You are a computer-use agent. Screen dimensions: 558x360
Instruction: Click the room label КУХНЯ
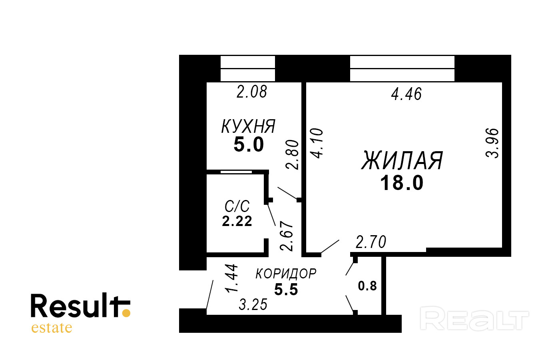pyautogui.click(x=248, y=127)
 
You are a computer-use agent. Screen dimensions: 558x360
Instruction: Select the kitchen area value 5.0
pyautogui.click(x=249, y=144)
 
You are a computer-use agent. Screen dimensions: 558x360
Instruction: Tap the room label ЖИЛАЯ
pyautogui.click(x=402, y=161)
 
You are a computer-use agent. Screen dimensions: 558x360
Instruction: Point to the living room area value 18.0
pyautogui.click(x=402, y=183)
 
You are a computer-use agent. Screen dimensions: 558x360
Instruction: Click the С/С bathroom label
pyautogui.click(x=237, y=206)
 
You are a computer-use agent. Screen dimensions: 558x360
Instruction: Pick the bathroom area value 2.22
pyautogui.click(x=237, y=221)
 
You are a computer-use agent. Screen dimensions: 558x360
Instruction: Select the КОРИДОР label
pyautogui.click(x=286, y=274)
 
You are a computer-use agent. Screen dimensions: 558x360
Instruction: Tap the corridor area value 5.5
pyautogui.click(x=286, y=289)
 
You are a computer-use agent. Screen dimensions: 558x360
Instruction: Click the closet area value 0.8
pyautogui.click(x=367, y=286)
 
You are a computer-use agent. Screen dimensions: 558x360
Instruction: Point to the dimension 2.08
pyautogui.click(x=251, y=92)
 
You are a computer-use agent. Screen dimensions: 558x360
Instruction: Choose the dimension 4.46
pyautogui.click(x=406, y=94)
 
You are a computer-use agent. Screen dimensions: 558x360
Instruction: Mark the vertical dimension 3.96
pyautogui.click(x=493, y=143)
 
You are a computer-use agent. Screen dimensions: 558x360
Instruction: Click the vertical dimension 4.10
pyautogui.click(x=317, y=143)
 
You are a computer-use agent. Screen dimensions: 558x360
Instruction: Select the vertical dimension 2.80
pyautogui.click(x=293, y=154)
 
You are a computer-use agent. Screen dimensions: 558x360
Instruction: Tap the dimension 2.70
pyautogui.click(x=371, y=242)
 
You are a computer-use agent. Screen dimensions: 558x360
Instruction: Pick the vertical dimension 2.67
pyautogui.click(x=287, y=236)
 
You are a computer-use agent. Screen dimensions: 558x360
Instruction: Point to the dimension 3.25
pyautogui.click(x=253, y=305)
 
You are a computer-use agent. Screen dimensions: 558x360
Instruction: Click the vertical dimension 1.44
pyautogui.click(x=232, y=278)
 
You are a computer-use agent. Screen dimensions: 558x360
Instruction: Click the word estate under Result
pyautogui.click(x=52, y=328)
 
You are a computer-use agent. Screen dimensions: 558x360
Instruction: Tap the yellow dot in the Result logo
pyautogui.click(x=126, y=313)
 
